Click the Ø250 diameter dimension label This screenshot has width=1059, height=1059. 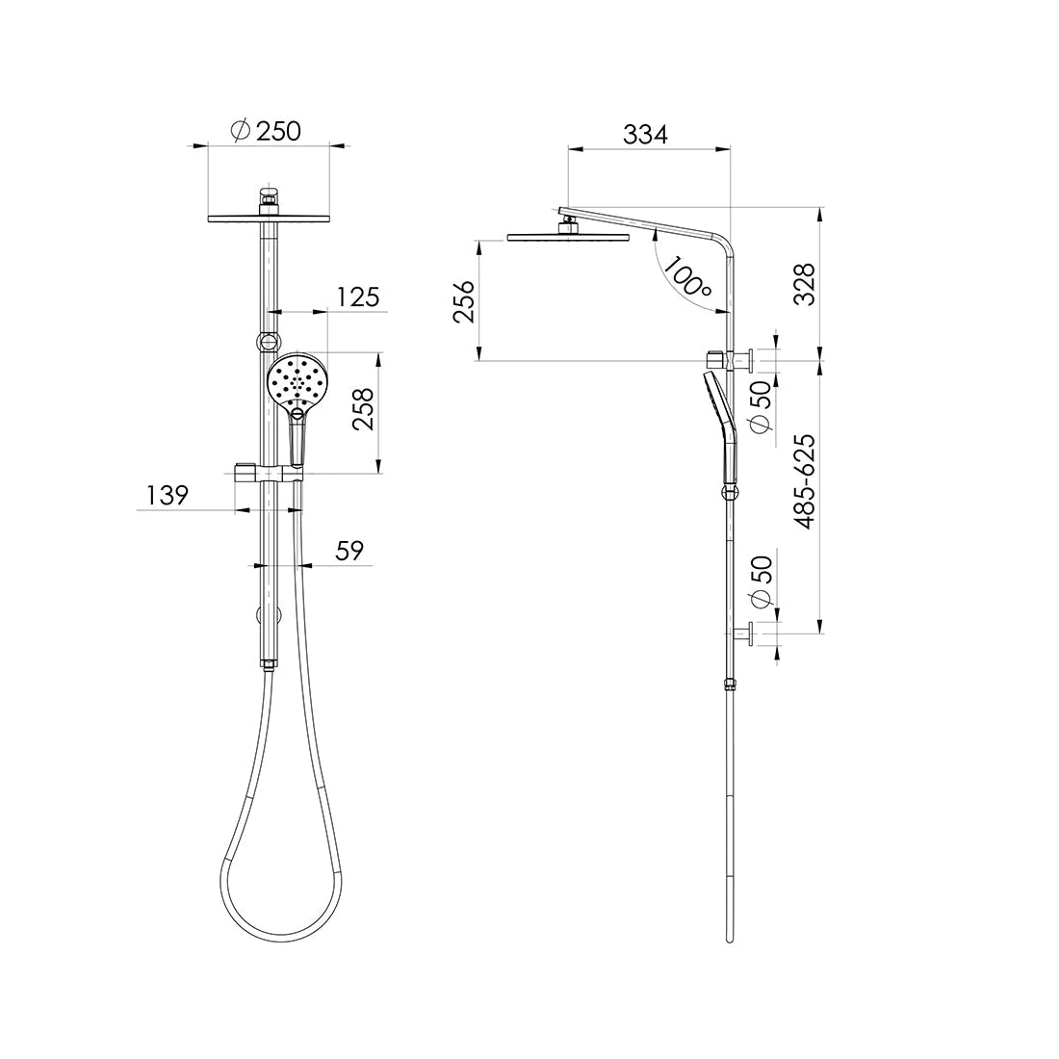pos(267,130)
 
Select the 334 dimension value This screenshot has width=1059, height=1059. pos(644,135)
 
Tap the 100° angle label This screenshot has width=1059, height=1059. pos(687,276)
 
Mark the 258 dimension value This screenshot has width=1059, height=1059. pos(364,412)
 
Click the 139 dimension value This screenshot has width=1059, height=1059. pos(167,496)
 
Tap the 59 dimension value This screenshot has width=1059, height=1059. pos(349,551)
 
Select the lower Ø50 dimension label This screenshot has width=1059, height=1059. pos(761,583)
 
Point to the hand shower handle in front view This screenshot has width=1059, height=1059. pos(297,443)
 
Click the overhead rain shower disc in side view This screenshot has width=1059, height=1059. pos(567,236)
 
